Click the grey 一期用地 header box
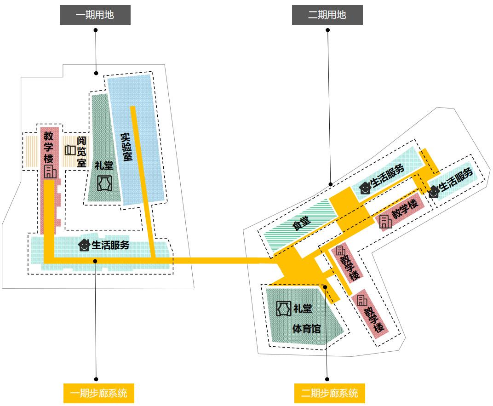pos(95,15)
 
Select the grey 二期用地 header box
pos(327,15)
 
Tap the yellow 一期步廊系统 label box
pos(98,393)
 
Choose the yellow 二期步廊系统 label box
pos(329,393)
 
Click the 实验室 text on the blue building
pos(126,147)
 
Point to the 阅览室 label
pos(81,151)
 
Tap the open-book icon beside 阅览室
pos(70,150)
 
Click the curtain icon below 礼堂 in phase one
pos(104,183)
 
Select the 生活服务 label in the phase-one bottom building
pos(110,245)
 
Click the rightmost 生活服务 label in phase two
pos(456,180)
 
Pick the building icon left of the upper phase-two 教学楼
pos(385,221)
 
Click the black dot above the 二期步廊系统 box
pos(327,379)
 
